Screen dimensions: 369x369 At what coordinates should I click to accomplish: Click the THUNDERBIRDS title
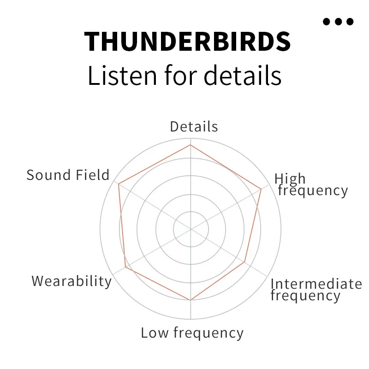[188, 41]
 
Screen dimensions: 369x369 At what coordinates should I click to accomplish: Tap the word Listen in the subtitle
[122, 76]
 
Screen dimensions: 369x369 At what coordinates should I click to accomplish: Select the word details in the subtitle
[243, 75]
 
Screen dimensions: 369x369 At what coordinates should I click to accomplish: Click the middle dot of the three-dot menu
[339, 21]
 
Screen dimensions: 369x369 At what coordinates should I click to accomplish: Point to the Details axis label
[194, 127]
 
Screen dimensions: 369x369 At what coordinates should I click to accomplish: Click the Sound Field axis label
[68, 175]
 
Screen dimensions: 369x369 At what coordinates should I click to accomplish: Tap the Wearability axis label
[71, 281]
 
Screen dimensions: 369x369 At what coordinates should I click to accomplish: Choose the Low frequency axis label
[192, 333]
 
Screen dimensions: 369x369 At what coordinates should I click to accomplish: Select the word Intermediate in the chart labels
[316, 284]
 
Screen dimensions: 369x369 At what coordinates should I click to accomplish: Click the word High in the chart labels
[290, 179]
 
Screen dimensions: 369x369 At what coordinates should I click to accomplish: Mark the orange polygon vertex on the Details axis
[190, 145]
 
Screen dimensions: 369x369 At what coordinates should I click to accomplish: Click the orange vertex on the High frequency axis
[261, 189]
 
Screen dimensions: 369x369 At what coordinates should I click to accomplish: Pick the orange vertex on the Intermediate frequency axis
[245, 262]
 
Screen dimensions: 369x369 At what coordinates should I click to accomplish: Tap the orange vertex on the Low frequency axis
[190, 300]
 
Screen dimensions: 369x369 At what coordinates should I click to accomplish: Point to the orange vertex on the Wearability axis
[125, 267]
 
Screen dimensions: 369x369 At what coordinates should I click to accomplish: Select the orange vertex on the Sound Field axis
[119, 184]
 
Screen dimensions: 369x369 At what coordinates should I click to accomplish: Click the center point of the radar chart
[190, 229]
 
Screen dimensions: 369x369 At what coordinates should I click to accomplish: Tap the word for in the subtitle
[181, 75]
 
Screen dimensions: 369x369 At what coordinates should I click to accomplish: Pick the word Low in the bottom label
[155, 333]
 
